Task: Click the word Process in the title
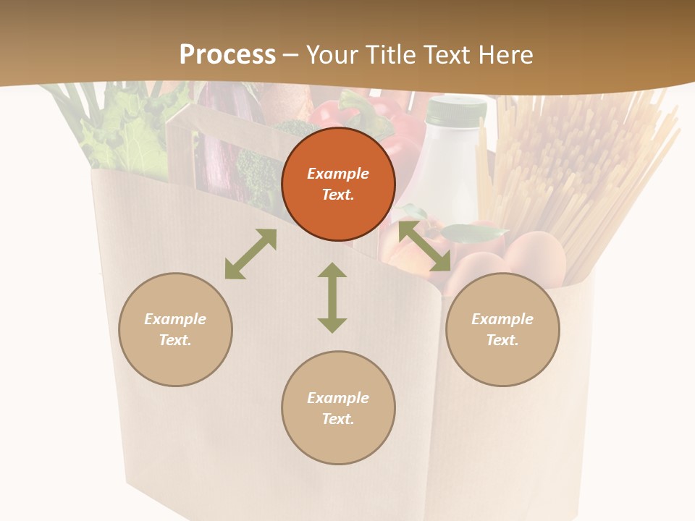227,55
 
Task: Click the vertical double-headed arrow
332,297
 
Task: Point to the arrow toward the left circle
250,254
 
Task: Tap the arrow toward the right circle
425,247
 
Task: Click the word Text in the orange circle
338,195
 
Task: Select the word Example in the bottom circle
338,398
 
